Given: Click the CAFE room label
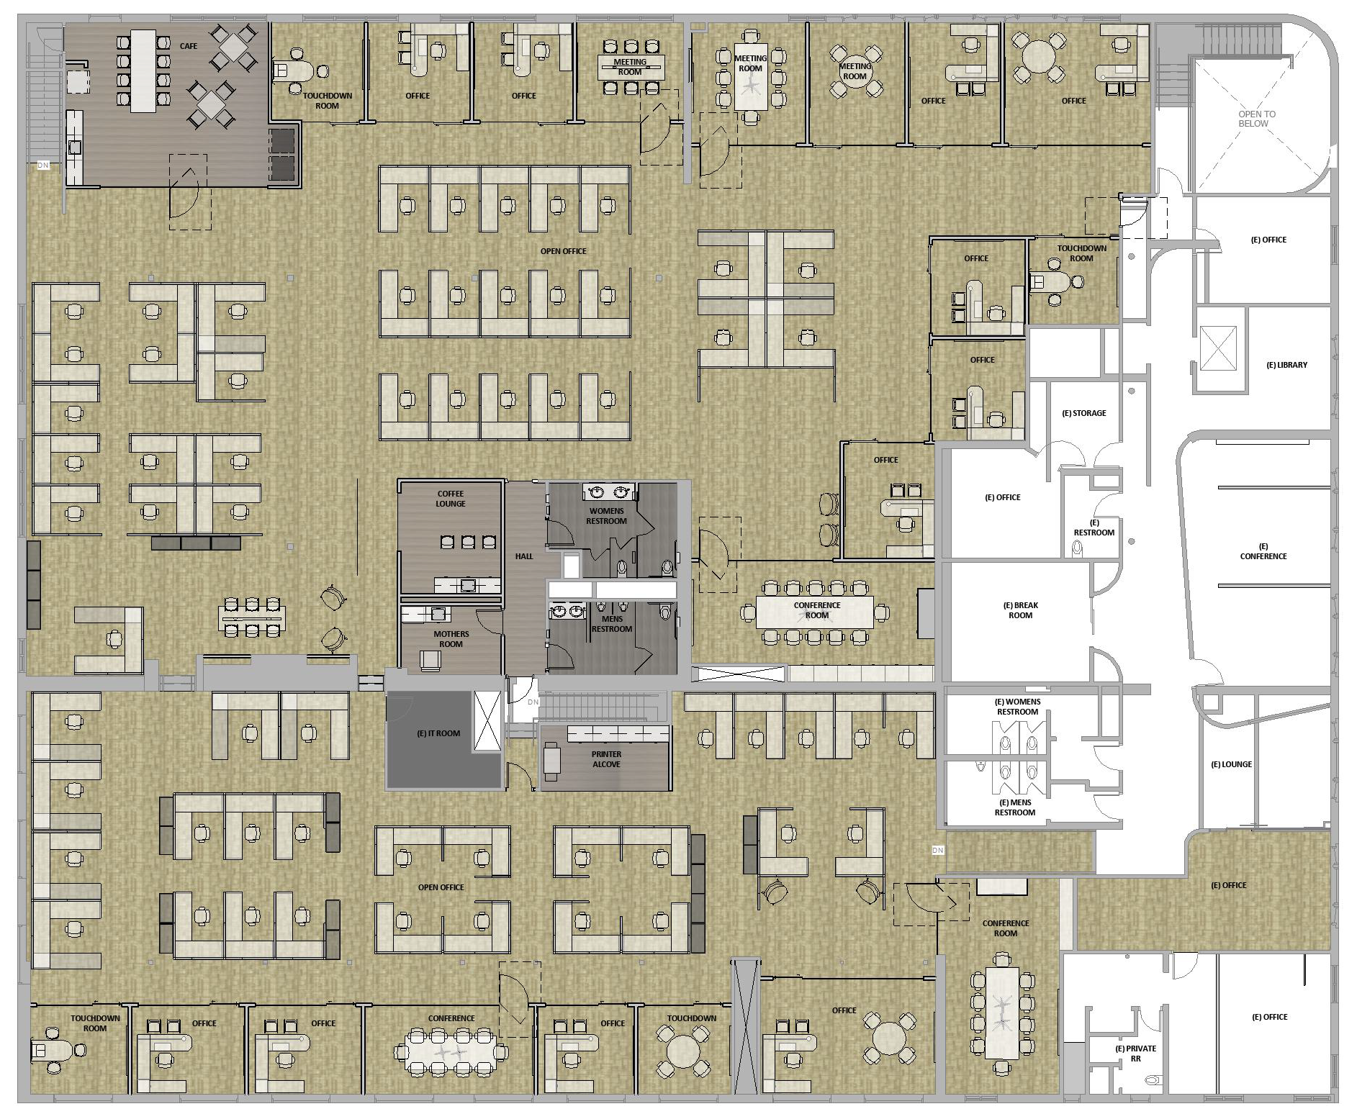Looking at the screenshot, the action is click(189, 46).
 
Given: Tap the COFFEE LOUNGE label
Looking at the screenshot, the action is click(451, 499).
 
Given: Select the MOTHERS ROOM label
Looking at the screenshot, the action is click(451, 639).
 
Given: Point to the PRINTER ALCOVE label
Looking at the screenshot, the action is click(606, 759).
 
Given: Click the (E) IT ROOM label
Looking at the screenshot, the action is click(438, 733).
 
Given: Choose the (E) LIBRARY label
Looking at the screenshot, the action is click(1286, 365).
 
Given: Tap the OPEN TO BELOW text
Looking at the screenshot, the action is click(1256, 119).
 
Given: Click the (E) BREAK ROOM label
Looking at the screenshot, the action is click(1021, 610).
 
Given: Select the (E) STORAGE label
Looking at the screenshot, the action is click(1084, 413).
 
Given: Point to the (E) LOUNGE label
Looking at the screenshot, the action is click(1231, 764).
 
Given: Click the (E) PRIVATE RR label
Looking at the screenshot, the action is click(1135, 1054).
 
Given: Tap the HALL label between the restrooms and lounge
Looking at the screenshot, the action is click(524, 556).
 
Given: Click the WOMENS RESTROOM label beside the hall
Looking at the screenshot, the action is click(606, 516).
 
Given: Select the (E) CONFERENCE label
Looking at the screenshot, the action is click(1263, 551).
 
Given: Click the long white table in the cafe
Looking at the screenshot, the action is click(143, 71).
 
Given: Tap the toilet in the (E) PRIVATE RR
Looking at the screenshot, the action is click(1154, 1079).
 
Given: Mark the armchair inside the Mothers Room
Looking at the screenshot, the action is click(431, 660).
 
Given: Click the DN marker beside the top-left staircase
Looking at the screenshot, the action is click(43, 166).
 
